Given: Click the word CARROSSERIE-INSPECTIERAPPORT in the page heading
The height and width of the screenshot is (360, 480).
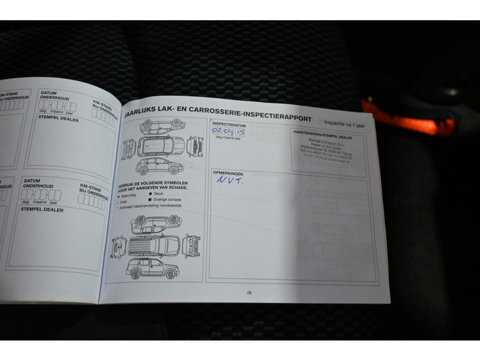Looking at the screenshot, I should click(248, 111).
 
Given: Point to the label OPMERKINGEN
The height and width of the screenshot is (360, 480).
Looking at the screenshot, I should click(227, 172).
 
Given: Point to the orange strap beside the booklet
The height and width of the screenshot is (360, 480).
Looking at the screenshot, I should click(408, 121).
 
